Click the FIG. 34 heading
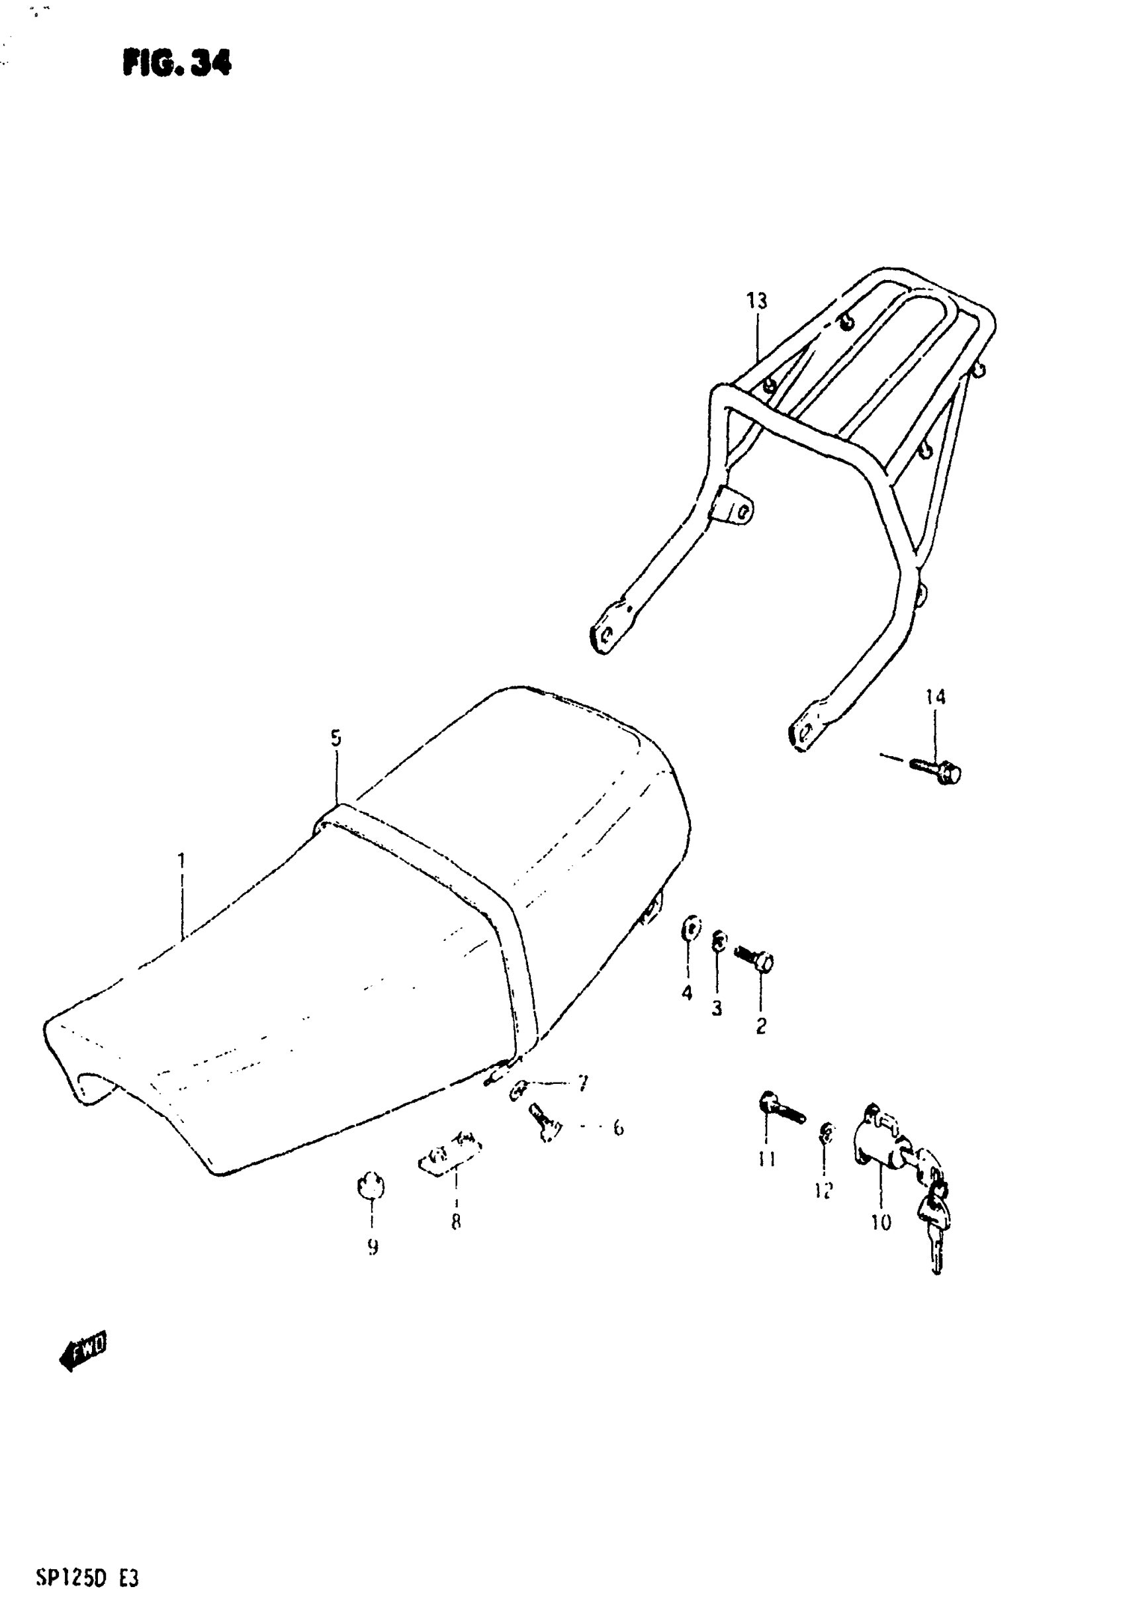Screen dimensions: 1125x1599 [177, 64]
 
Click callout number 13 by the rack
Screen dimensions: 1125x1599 [757, 301]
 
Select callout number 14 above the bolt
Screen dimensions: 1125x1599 [936, 697]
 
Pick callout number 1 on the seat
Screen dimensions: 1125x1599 [181, 861]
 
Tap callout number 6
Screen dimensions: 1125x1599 [618, 1127]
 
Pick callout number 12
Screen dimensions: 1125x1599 [823, 1191]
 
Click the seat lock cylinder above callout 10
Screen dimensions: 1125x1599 [879, 1142]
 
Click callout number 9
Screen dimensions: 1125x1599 [373, 1247]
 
